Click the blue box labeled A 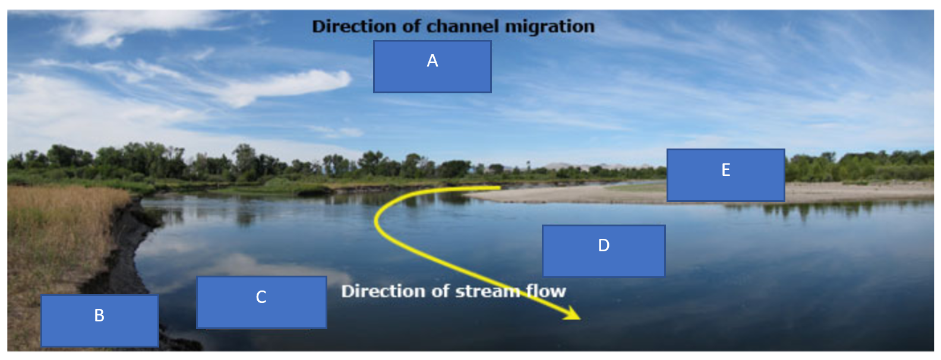(432, 67)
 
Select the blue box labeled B (99, 320)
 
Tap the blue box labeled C (261, 302)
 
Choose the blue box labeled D (604, 250)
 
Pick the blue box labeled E (725, 175)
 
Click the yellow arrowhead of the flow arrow (573, 314)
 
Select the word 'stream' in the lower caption (488, 291)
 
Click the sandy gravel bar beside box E (855, 191)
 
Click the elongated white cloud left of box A (285, 86)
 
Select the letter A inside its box (432, 61)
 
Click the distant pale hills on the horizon (570, 166)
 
